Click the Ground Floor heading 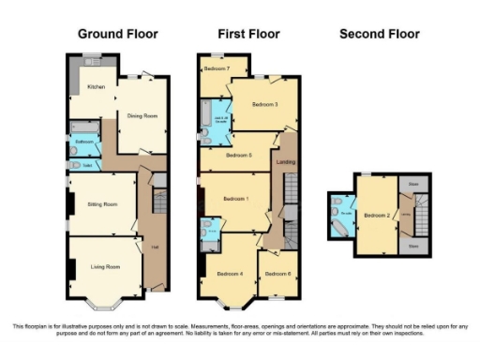tap(117, 34)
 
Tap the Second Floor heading tap(379, 34)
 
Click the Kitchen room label tap(96, 86)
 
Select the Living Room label tap(105, 267)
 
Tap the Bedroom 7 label tap(217, 69)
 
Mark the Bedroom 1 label tap(233, 200)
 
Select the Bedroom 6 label tap(277, 273)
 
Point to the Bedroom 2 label tap(377, 215)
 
